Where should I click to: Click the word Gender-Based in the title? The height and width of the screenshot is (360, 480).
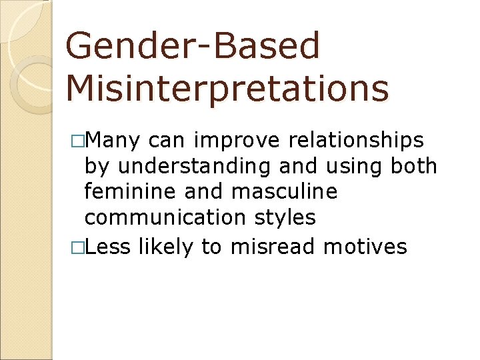pos(193,46)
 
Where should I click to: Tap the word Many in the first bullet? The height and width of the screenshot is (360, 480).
pos(113,141)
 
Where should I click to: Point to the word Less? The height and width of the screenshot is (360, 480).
pos(108,247)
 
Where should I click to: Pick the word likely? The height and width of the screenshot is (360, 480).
pos(166,247)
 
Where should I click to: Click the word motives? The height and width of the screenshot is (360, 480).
pos(365,247)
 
